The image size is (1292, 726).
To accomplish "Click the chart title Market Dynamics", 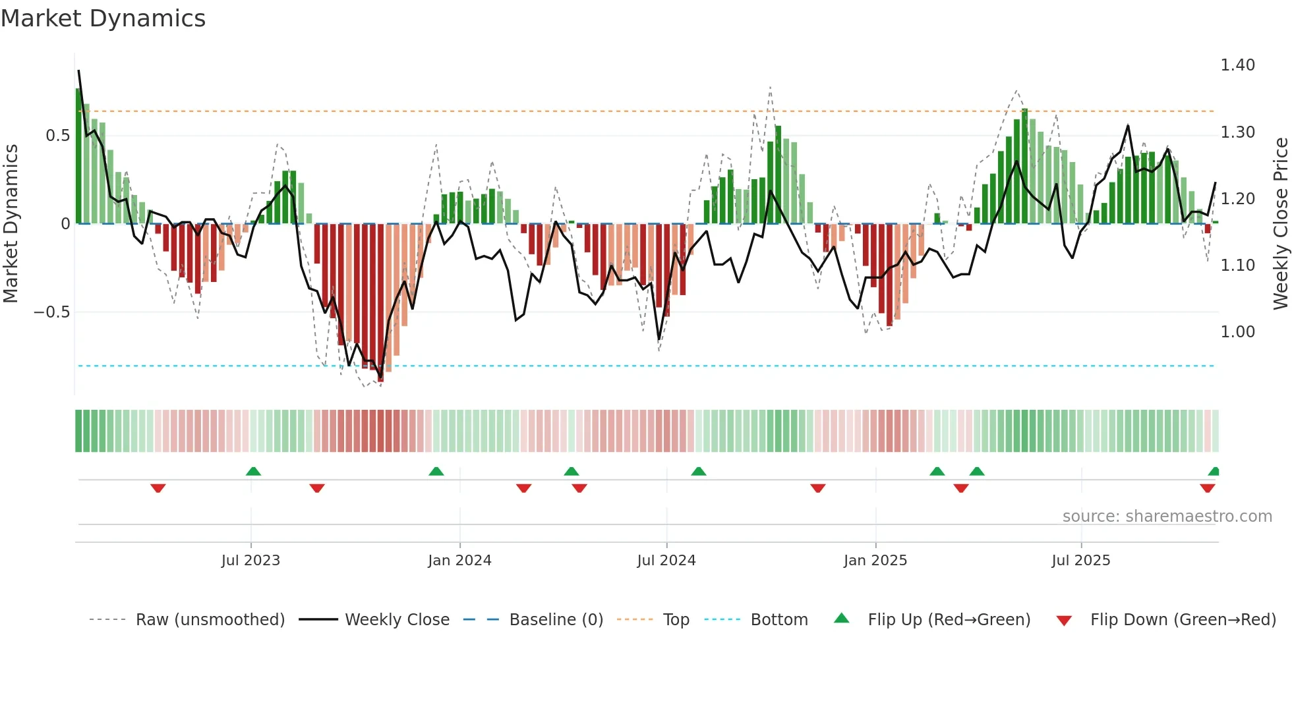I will point(103,18).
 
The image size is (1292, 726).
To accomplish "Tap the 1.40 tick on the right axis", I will point(1237,65).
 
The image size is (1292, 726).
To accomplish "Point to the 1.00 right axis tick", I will point(1237,332).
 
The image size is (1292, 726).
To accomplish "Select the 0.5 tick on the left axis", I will point(57,136).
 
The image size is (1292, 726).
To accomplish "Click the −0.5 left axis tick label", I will point(52,312).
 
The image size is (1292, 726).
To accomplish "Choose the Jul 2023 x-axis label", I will point(250,561).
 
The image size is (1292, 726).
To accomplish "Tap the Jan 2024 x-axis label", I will point(459,561).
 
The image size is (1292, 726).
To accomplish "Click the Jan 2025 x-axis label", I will point(875,561).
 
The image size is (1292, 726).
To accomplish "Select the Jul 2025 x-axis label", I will point(1080,561).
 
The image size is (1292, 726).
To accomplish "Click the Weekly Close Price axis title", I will point(1280,224).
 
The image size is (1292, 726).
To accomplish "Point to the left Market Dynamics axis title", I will point(11,224).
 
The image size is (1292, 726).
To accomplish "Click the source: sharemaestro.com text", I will point(1167,517).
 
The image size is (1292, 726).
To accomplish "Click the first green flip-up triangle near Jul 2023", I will point(253,471).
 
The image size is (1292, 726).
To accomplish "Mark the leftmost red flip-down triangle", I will point(158,488).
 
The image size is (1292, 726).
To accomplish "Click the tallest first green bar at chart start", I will point(78,156).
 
